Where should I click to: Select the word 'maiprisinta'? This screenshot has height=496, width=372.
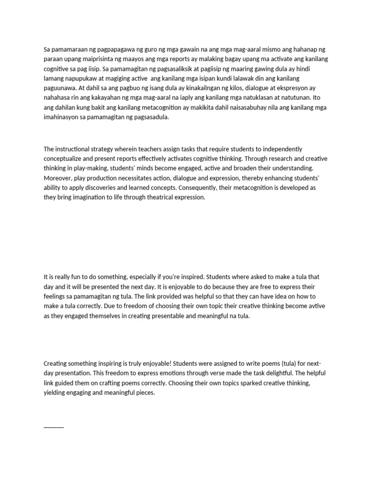point(85,59)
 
